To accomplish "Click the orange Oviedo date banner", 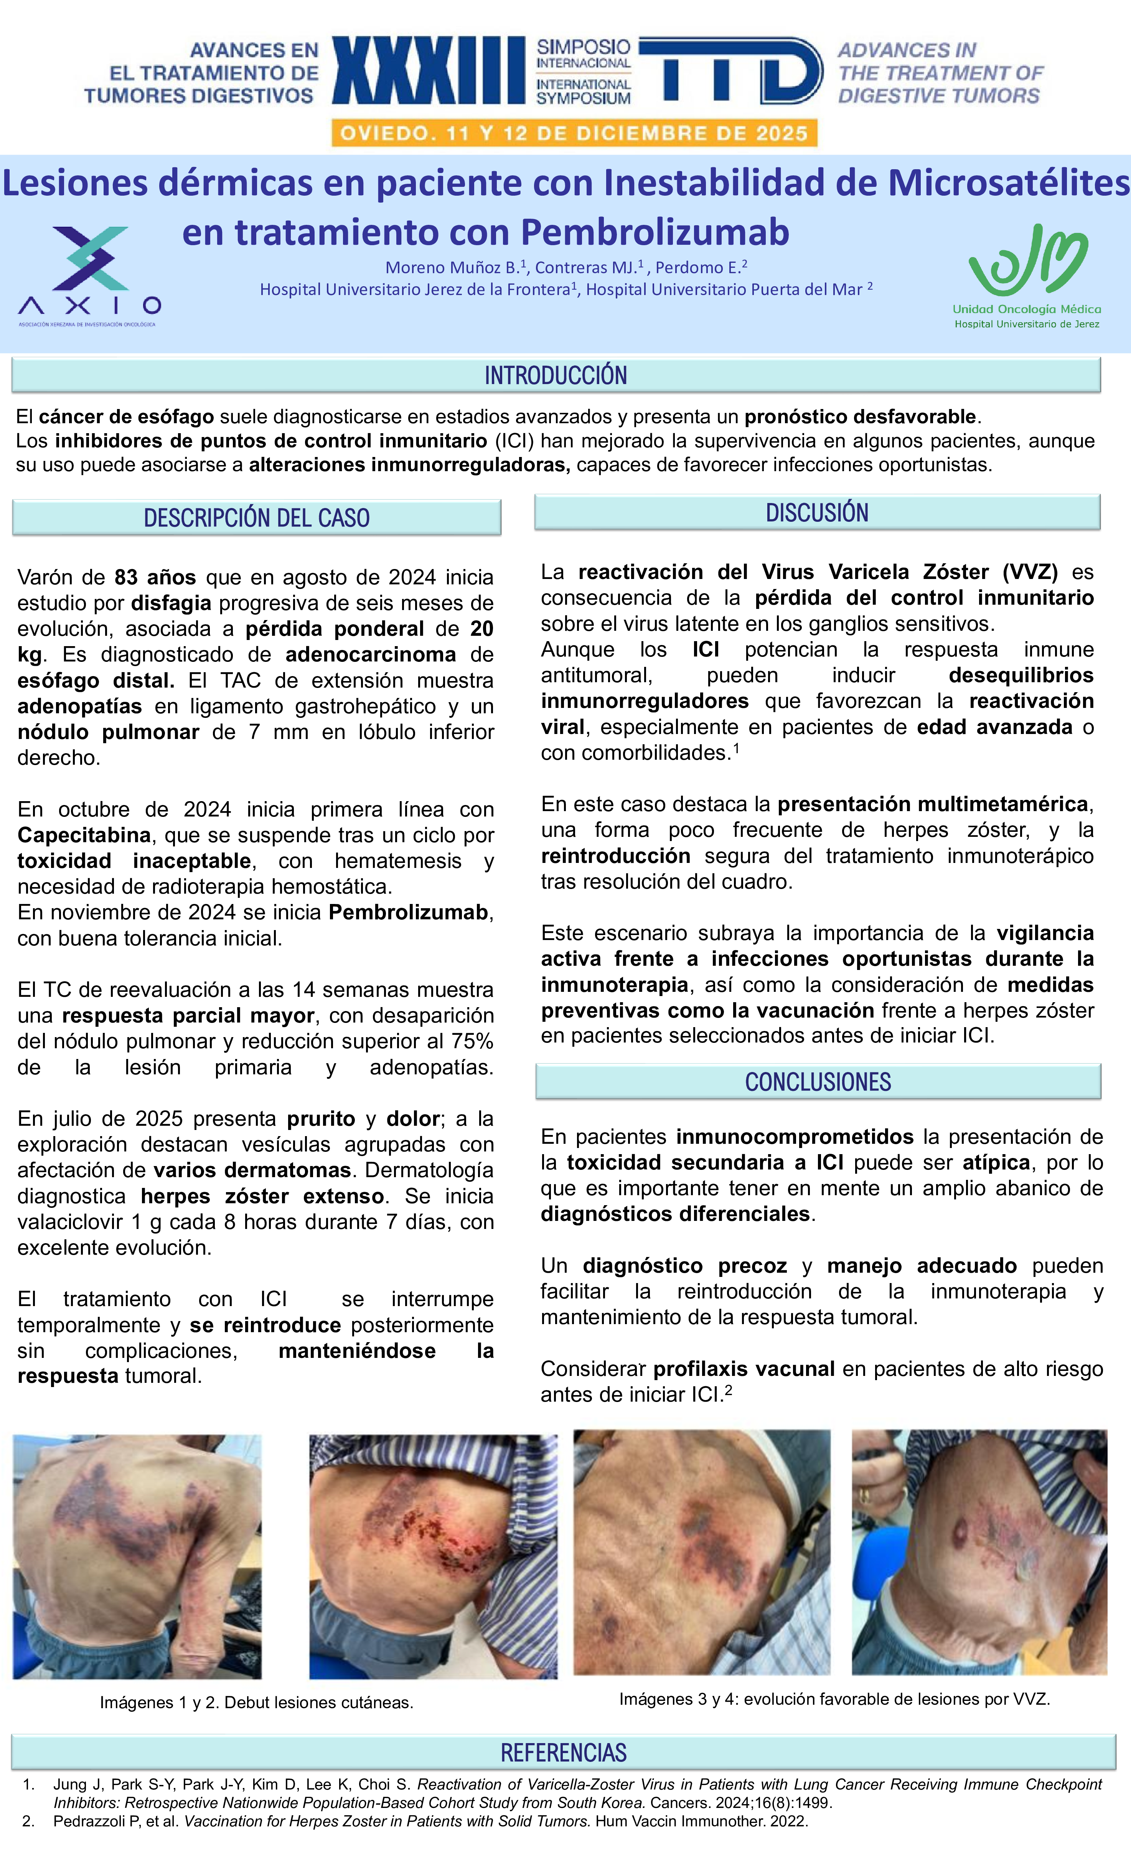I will tap(574, 134).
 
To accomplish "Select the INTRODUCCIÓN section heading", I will tap(556, 374).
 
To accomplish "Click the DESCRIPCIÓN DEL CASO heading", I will tap(257, 518).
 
